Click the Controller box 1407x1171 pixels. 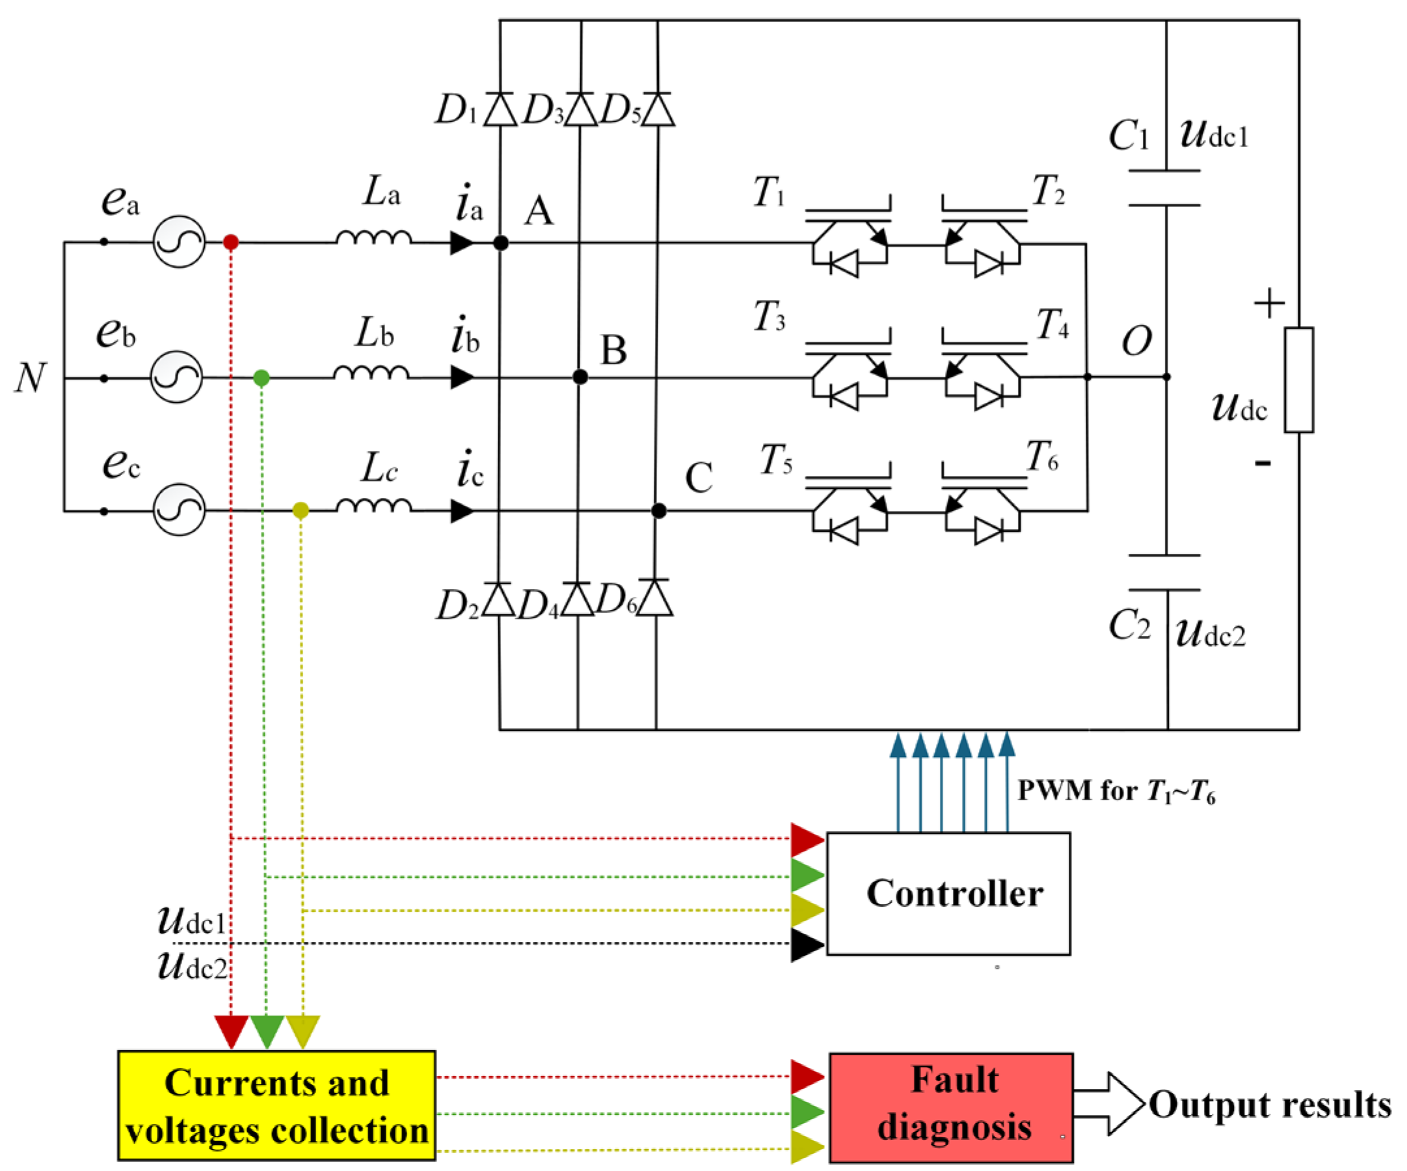(947, 894)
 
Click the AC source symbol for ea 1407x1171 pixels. (178, 242)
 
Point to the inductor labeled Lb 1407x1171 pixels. (371, 373)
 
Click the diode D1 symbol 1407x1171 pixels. (500, 109)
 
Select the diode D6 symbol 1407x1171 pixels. (655, 598)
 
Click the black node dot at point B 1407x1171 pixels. (580, 378)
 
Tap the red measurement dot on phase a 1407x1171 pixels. (230, 242)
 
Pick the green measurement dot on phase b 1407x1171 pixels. (261, 378)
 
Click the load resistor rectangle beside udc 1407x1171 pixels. (1298, 380)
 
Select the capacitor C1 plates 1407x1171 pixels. (1164, 188)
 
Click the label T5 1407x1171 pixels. (776, 460)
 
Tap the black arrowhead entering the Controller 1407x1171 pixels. (807, 944)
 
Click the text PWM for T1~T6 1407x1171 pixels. (1115, 791)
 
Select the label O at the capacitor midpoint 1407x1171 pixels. (1136, 341)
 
